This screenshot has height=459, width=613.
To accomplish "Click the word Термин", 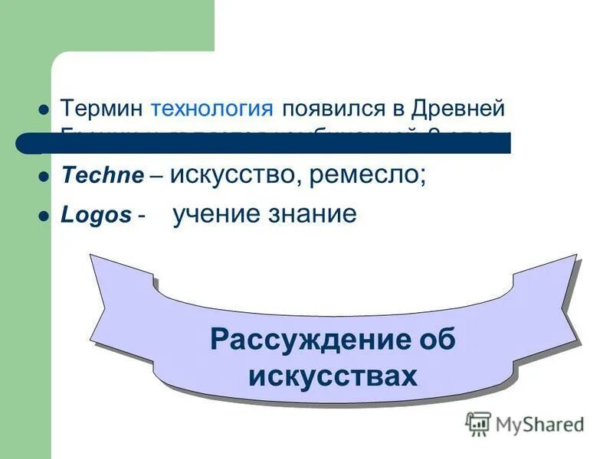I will click(x=102, y=108).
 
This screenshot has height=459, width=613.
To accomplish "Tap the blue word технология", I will click(x=212, y=108).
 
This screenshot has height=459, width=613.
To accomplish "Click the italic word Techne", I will click(x=102, y=175).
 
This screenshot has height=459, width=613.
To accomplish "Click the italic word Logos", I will click(x=96, y=216).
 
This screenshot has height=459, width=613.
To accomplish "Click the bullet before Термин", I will click(x=43, y=109).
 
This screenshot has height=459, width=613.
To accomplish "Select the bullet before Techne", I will click(x=43, y=176).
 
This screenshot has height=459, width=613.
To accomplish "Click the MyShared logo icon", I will click(x=478, y=423).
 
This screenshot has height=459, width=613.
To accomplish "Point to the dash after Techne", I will click(x=156, y=176).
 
